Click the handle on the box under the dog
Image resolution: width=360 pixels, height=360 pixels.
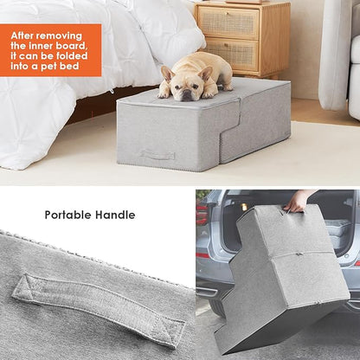click(x=157, y=155)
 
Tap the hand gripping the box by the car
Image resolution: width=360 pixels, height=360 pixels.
click(x=297, y=202)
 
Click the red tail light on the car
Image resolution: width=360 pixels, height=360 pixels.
click(x=202, y=237)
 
